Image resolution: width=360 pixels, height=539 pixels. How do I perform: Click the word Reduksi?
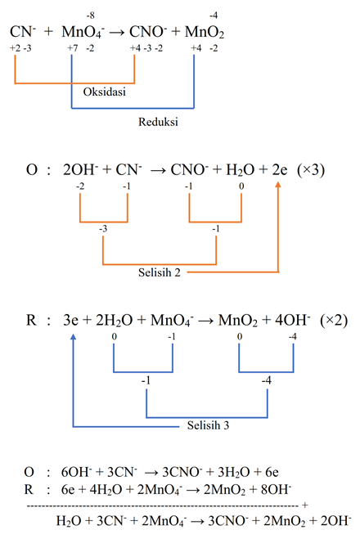[x=160, y=122]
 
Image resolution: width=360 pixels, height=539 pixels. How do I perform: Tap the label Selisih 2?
[x=161, y=272]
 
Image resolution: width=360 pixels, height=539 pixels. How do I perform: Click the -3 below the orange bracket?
[x=104, y=228]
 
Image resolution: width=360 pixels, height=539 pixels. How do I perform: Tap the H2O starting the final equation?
[x=69, y=519]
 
